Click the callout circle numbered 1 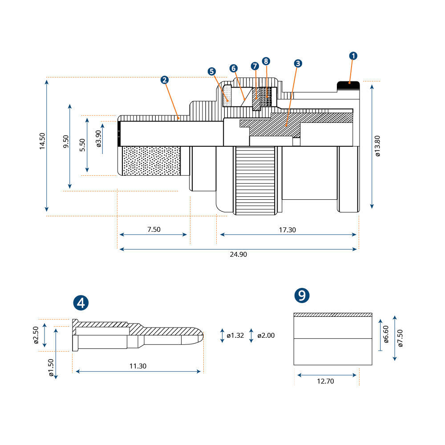(x=353, y=56)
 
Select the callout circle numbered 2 (x=164, y=80)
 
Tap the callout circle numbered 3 (x=298, y=63)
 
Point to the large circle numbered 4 (x=81, y=303)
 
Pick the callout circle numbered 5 (x=211, y=72)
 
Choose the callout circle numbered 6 (x=233, y=69)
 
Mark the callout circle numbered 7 (x=255, y=66)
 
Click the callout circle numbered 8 (x=266, y=61)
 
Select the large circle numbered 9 (x=302, y=295)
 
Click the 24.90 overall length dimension (x=239, y=254)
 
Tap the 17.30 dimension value (x=287, y=230)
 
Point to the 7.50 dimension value (x=154, y=229)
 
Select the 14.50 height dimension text (x=42, y=141)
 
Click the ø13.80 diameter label (x=377, y=146)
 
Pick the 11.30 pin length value (x=138, y=366)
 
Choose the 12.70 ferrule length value (x=325, y=381)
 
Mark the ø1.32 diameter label (x=235, y=336)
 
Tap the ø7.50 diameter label (x=400, y=338)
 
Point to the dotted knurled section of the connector (x=151, y=161)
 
